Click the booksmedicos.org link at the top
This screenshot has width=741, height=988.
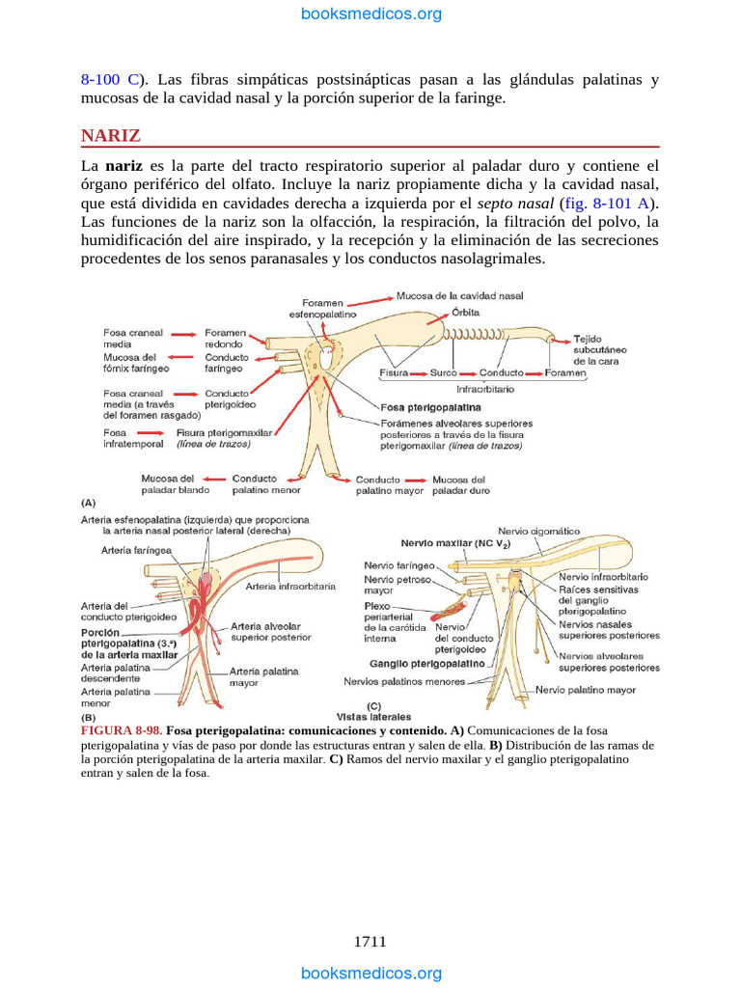pyautogui.click(x=371, y=14)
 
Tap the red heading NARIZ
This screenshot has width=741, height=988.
pyautogui.click(x=110, y=135)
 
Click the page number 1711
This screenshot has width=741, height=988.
pyautogui.click(x=370, y=942)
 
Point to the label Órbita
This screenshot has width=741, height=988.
pyautogui.click(x=465, y=313)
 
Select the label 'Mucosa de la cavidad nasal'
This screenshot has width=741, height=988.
pyautogui.click(x=466, y=295)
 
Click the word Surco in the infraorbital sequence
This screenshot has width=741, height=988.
pyautogui.click(x=444, y=372)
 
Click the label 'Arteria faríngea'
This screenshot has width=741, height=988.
pyautogui.click(x=136, y=550)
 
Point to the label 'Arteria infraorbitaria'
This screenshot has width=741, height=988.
pyautogui.click(x=290, y=586)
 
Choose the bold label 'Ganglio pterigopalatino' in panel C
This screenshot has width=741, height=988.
pyautogui.click(x=427, y=663)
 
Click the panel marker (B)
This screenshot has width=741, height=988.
pyautogui.click(x=88, y=719)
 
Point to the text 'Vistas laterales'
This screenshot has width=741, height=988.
pyautogui.click(x=373, y=717)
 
